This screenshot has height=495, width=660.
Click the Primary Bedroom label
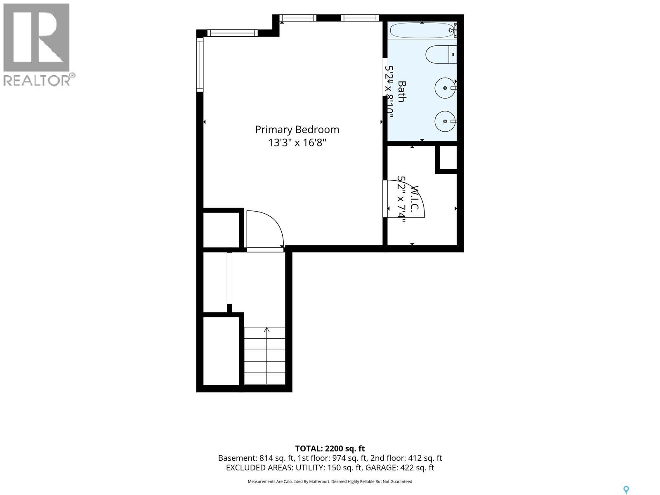[297, 130]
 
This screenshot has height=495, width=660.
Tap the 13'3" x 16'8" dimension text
[297, 142]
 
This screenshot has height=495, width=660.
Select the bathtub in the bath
[422, 31]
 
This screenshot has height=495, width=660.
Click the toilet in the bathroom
[441, 54]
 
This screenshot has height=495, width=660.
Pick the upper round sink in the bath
[445, 88]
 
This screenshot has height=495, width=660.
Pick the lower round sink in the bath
[445, 121]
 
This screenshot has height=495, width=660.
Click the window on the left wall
[200, 64]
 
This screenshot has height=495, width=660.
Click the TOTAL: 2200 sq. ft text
[330, 448]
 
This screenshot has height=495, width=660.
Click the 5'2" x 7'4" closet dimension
[401, 199]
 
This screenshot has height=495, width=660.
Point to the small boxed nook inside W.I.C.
[448, 158]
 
